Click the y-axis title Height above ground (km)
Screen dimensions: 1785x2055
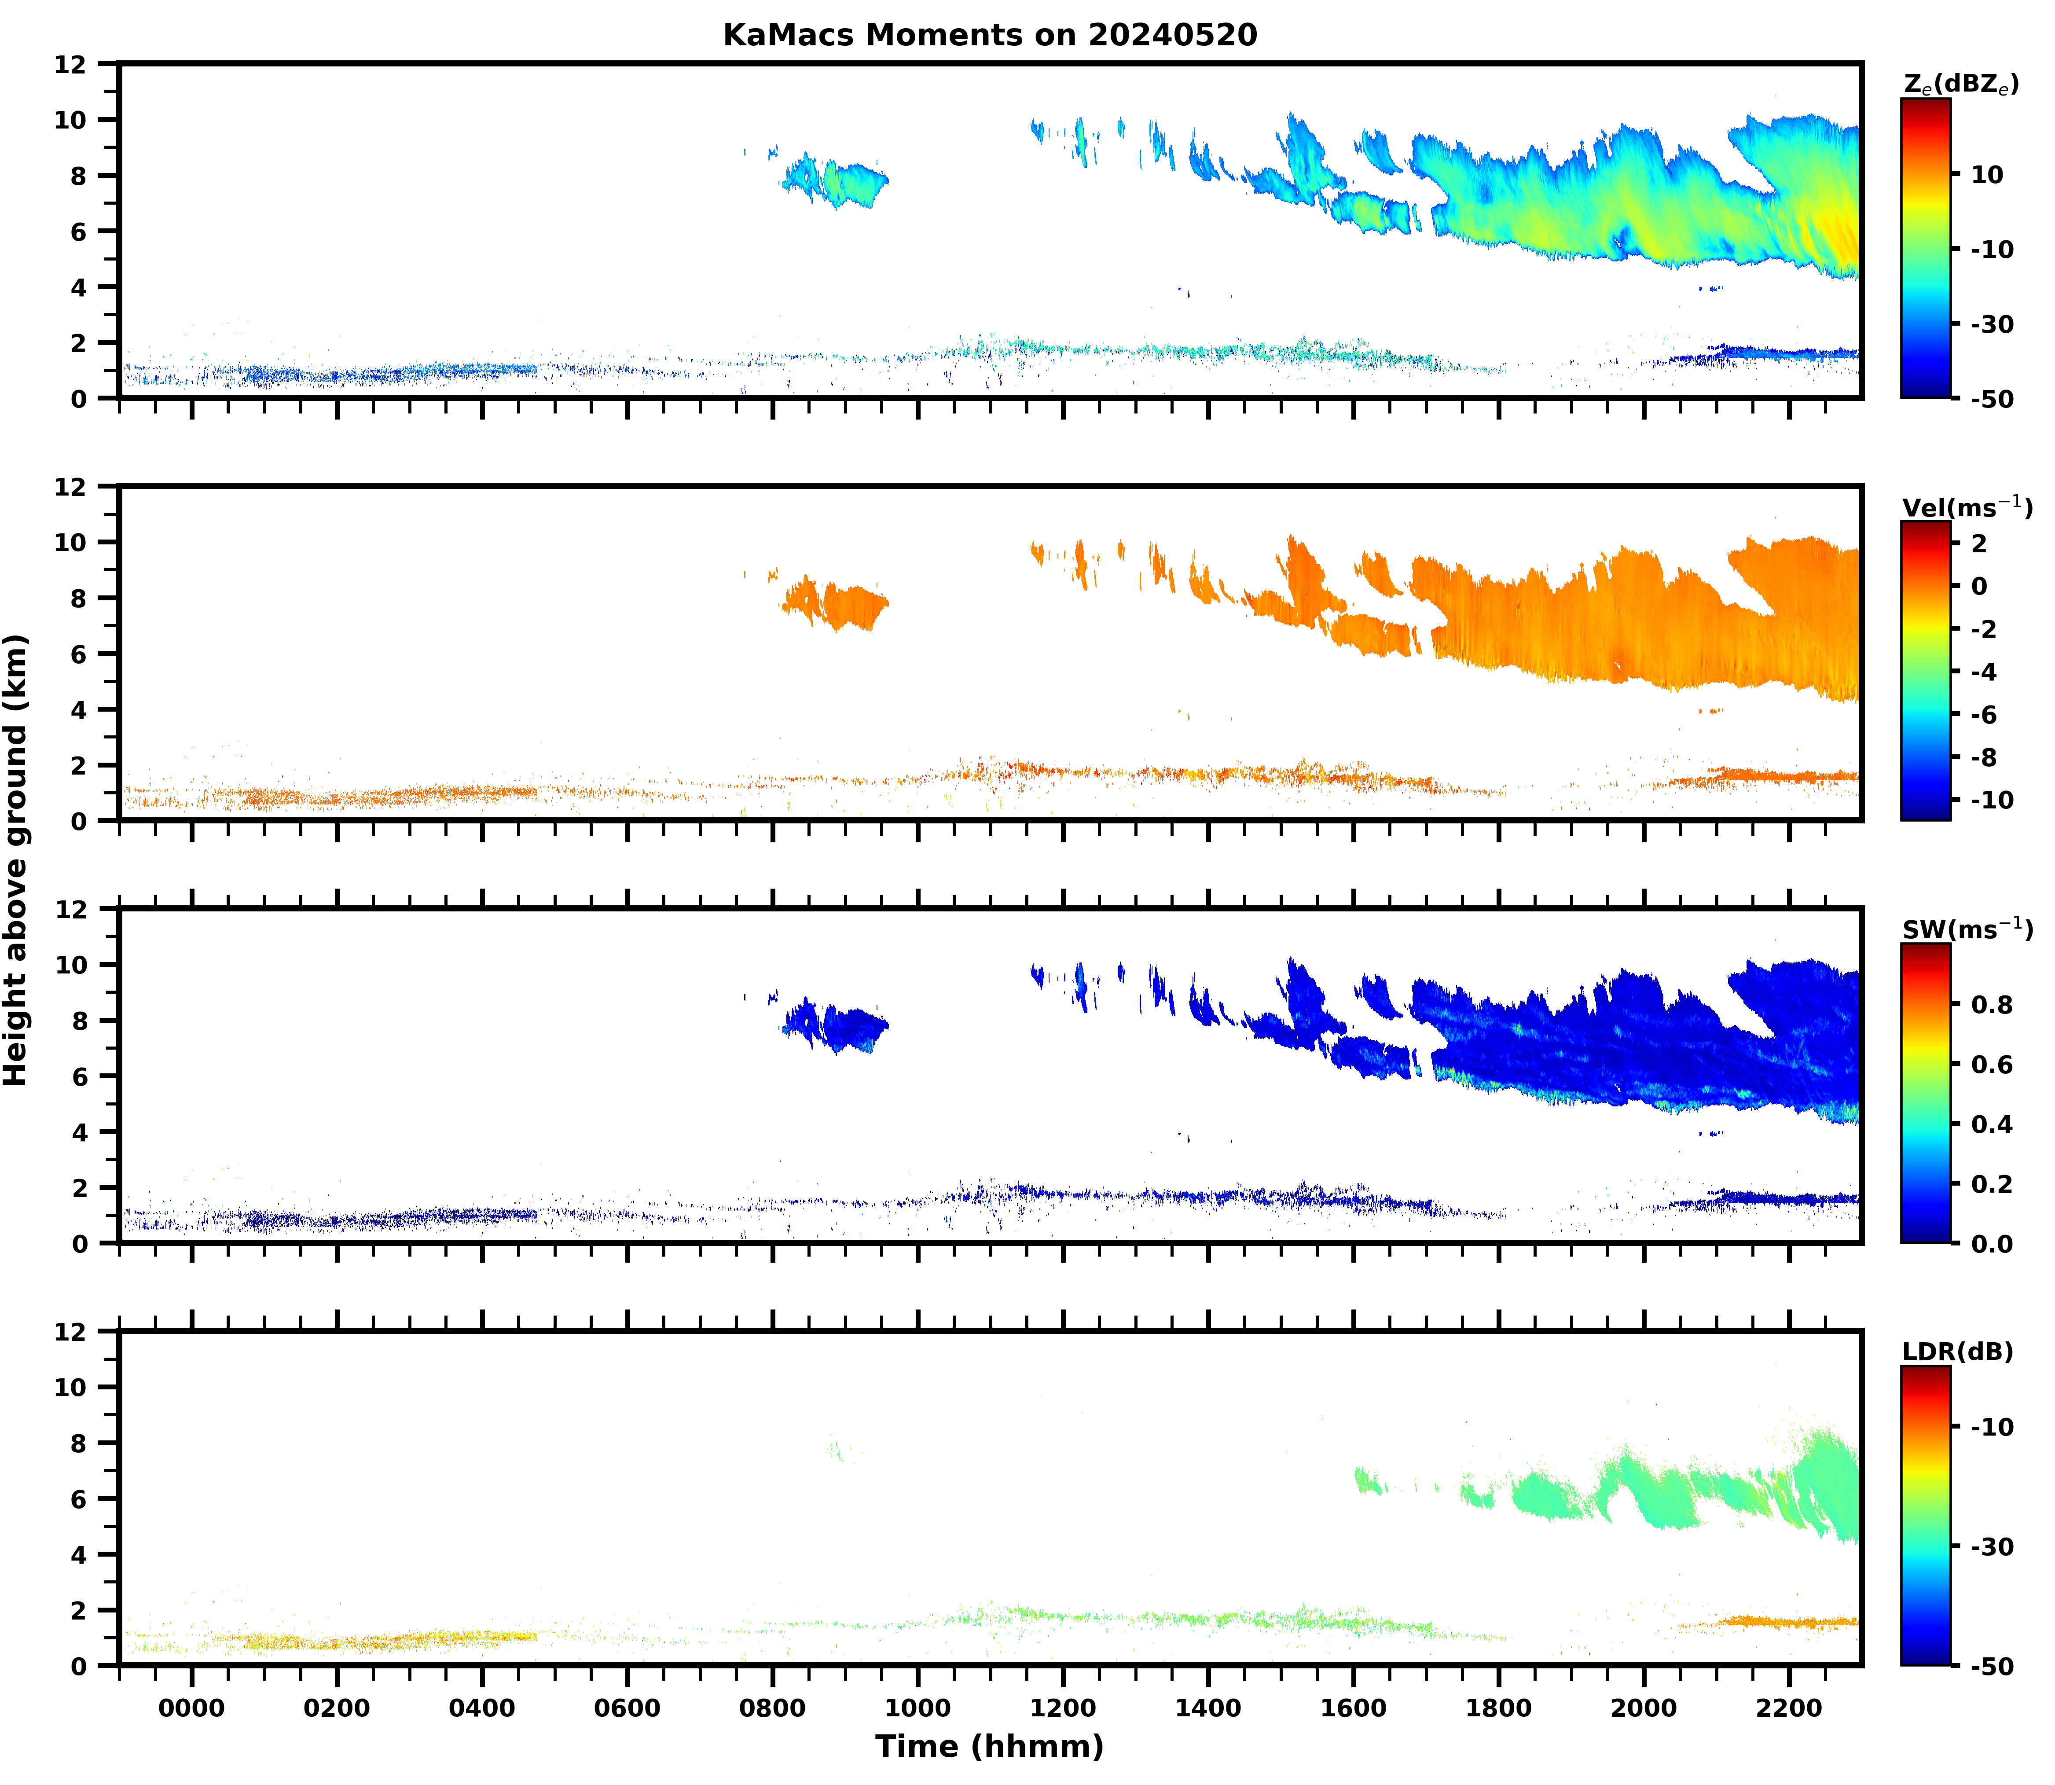tap(16, 859)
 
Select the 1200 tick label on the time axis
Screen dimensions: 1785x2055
tap(1063, 1708)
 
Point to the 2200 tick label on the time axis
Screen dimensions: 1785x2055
tap(1789, 1708)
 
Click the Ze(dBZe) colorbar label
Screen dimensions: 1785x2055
tap(1960, 84)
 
